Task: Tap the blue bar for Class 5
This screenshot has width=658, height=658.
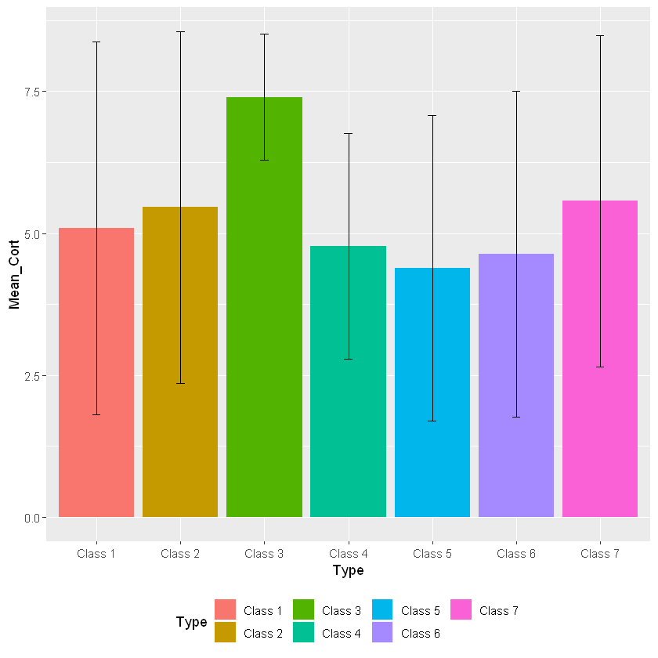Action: click(x=432, y=392)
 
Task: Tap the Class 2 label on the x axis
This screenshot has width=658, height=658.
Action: click(x=180, y=554)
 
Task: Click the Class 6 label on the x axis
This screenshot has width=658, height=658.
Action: click(x=516, y=554)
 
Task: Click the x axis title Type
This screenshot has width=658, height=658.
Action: click(x=348, y=570)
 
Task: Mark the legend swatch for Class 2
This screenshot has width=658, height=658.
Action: click(x=225, y=632)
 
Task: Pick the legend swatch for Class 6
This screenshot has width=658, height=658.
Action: click(x=382, y=632)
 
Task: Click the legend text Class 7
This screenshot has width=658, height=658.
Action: click(x=498, y=610)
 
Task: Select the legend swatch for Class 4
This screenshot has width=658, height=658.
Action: click(x=304, y=632)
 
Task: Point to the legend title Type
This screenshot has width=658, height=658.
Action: click(x=191, y=622)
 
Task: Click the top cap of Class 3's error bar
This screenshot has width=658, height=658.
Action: click(x=264, y=34)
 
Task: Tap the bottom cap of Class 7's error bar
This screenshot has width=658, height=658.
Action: click(x=600, y=367)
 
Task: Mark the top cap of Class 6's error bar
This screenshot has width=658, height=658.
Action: click(x=516, y=92)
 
